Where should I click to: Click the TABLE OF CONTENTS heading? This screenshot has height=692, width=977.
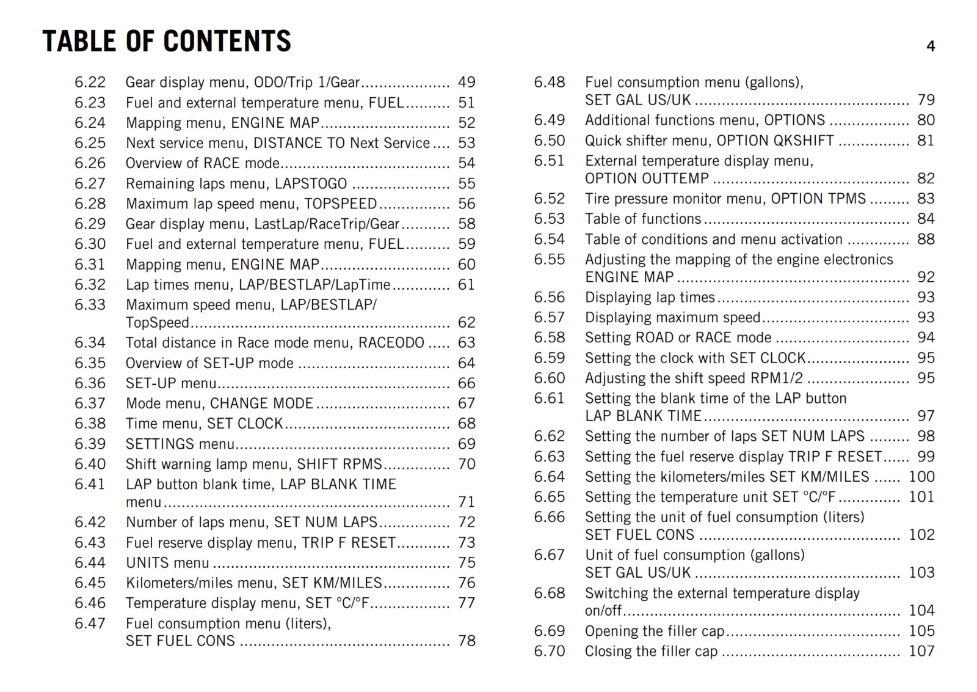pos(167,42)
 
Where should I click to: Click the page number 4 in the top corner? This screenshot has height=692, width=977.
pos(931,46)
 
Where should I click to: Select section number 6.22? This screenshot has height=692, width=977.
pos(90,83)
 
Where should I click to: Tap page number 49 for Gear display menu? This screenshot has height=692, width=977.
pos(467,83)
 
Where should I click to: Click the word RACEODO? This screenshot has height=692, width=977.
pos(391,343)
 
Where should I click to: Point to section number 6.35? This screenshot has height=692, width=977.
pos(90,363)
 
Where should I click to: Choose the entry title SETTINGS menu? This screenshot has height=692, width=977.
pos(180,444)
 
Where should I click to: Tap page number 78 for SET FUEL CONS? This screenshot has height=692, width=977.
pos(467,641)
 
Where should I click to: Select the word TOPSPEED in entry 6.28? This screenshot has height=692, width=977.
pos(340,204)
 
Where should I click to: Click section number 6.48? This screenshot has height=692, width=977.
pos(550,83)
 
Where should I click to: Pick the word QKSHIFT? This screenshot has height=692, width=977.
pos(804,141)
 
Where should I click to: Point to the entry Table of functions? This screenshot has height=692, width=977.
pos(643,219)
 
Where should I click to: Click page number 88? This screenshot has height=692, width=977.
pos(926,240)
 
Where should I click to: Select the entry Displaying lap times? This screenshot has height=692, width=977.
pos(650,298)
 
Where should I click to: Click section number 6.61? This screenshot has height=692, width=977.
pos(550,399)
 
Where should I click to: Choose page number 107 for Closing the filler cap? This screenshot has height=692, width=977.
pos(921,651)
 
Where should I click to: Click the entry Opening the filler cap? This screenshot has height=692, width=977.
pos(655,631)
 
